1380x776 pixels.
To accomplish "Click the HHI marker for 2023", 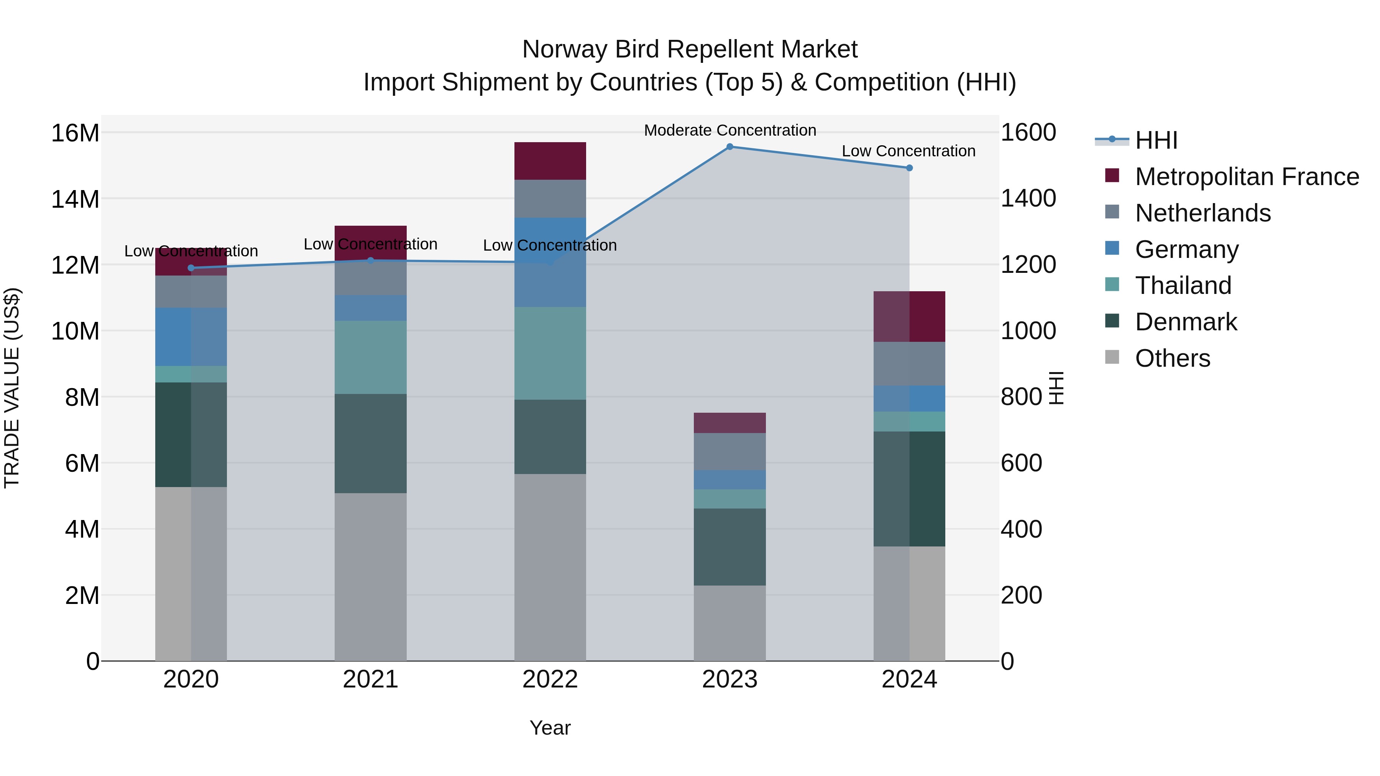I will tap(729, 147).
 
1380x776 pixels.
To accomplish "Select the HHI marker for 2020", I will tap(191, 268).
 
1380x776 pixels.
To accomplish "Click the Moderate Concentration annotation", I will tap(729, 130).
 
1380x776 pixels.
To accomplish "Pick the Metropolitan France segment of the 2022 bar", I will tap(550, 161).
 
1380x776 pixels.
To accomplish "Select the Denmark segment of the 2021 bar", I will tap(370, 443).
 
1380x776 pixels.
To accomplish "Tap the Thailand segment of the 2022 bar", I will tap(550, 353).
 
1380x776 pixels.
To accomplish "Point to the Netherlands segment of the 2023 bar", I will tap(729, 451).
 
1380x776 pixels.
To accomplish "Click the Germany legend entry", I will tap(1186, 249).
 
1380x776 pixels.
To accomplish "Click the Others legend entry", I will tap(1172, 358).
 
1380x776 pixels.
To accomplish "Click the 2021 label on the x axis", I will tap(370, 679).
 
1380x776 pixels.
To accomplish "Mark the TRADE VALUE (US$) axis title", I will tap(12, 388).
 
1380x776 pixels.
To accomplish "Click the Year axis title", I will tap(550, 728).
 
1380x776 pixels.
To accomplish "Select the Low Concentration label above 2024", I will tap(908, 151).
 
